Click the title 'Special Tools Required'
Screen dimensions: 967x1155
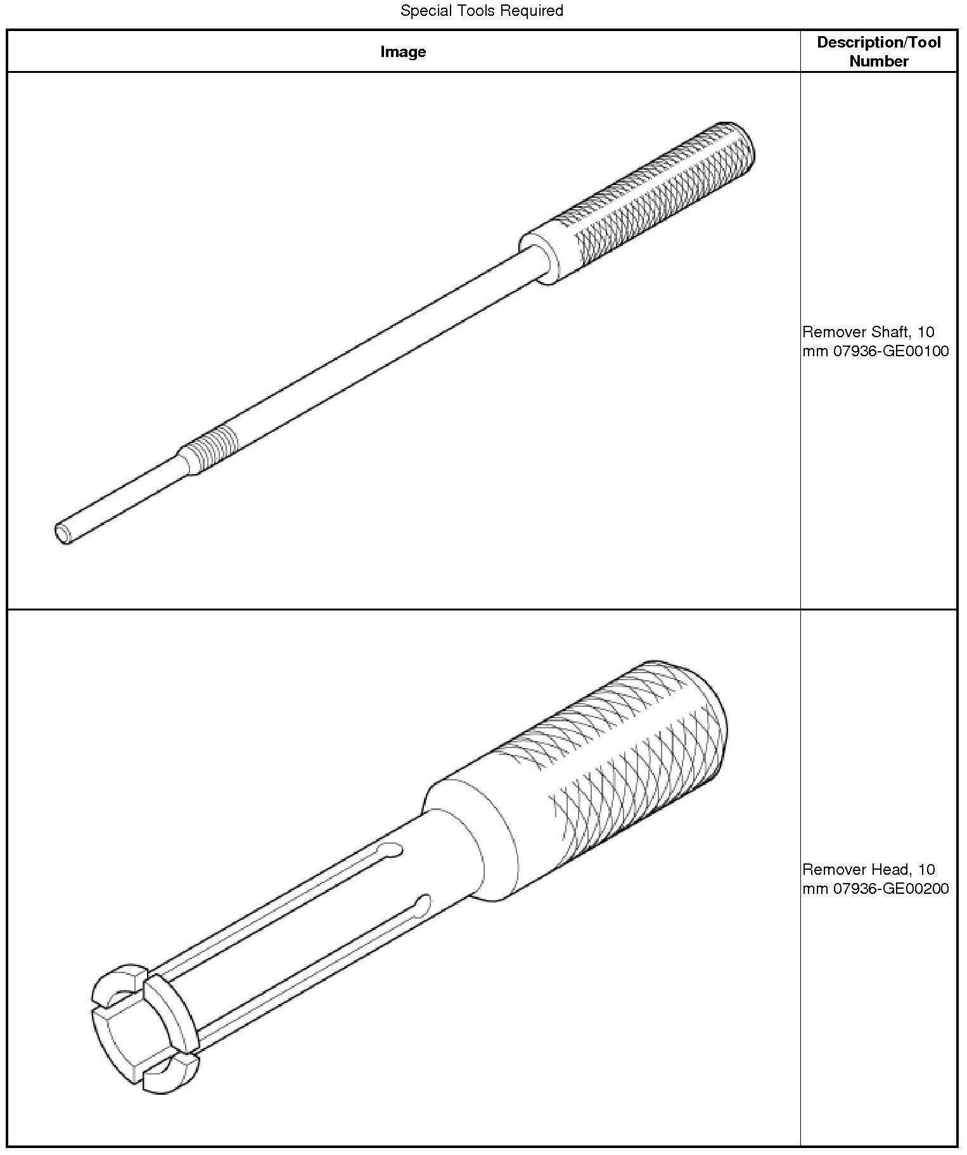482,11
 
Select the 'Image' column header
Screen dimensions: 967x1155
403,51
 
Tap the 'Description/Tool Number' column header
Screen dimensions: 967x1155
878,51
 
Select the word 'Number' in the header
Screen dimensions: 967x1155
878,61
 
